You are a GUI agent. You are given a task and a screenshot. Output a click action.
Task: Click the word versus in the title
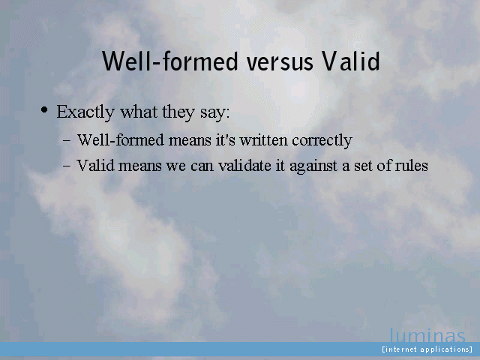pyautogui.click(x=280, y=61)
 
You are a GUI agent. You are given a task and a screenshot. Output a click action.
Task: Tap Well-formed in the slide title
pyautogui.click(x=170, y=61)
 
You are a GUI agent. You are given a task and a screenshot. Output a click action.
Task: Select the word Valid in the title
pyautogui.click(x=351, y=61)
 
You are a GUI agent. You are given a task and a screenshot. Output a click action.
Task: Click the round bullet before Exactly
pyautogui.click(x=44, y=109)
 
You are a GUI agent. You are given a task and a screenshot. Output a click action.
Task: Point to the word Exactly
pyautogui.click(x=85, y=112)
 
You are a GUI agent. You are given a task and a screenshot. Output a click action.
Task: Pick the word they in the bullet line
pyautogui.click(x=178, y=112)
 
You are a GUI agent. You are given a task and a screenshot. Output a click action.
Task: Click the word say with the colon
pyautogui.click(x=215, y=113)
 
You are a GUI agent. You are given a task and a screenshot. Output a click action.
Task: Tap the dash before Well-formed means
pyautogui.click(x=67, y=141)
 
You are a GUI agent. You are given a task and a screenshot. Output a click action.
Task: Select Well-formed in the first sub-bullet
pyautogui.click(x=121, y=140)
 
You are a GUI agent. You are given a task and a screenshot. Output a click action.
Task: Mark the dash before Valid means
pyautogui.click(x=67, y=166)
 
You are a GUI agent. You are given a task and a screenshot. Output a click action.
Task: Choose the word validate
pyautogui.click(x=244, y=166)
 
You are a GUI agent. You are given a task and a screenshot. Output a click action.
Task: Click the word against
pyautogui.click(x=313, y=166)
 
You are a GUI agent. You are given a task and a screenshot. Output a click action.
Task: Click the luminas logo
pyautogui.click(x=427, y=335)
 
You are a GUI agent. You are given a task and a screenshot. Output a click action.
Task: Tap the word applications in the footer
pyautogui.click(x=445, y=349)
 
